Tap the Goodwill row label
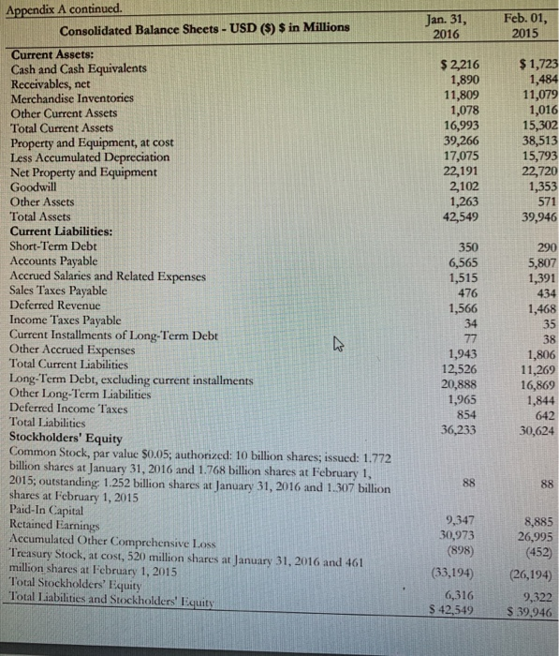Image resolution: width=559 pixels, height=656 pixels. (x=35, y=186)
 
